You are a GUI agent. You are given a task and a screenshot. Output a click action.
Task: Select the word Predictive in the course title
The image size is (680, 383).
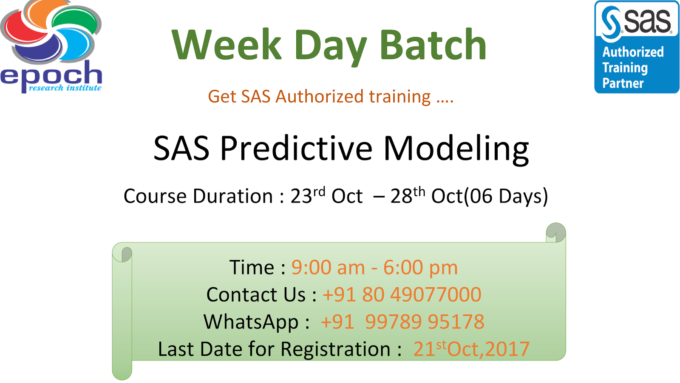click(296, 149)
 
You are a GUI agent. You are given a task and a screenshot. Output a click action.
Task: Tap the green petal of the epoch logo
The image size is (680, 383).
click(76, 21)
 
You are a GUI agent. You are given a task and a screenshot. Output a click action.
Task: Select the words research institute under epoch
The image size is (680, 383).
click(65, 88)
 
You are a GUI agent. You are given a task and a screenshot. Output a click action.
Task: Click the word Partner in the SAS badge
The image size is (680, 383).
click(623, 83)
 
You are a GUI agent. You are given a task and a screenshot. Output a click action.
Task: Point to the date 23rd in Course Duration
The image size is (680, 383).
click(308, 195)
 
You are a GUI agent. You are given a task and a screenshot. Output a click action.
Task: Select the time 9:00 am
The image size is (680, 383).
click(328, 268)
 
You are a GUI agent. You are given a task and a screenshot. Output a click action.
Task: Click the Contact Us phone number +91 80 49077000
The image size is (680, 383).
click(402, 294)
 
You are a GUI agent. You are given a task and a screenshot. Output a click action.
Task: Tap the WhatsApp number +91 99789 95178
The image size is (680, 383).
click(402, 322)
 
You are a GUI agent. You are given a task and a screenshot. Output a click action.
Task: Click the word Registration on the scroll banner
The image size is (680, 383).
click(335, 349)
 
